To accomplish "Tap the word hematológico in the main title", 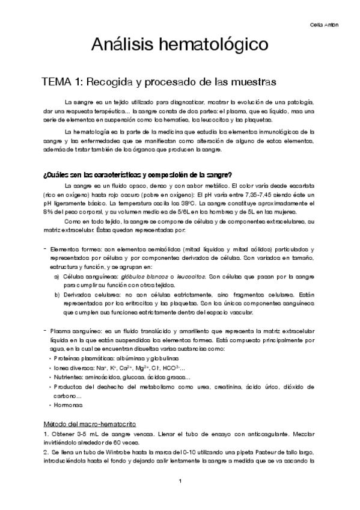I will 214,45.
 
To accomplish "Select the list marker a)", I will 57,276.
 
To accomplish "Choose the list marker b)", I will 57,295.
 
